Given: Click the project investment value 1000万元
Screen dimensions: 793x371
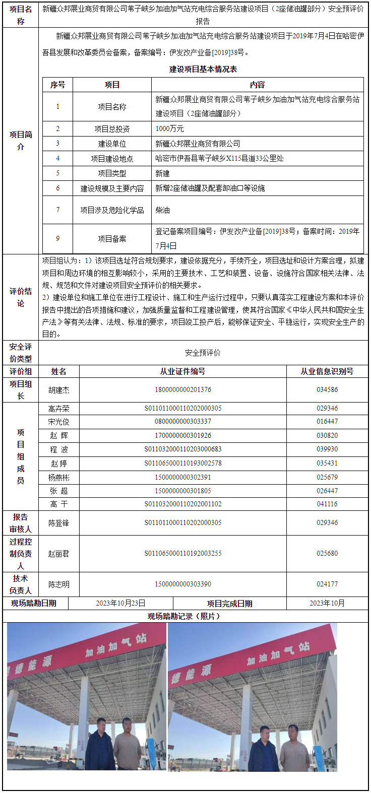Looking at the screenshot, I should click(169, 129).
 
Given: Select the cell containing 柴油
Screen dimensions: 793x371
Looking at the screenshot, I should click(162, 210).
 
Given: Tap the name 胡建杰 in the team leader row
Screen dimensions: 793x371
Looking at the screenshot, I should click(59, 390).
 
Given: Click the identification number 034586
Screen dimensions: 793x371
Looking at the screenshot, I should click(327, 390).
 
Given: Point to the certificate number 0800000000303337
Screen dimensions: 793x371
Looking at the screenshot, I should click(182, 422).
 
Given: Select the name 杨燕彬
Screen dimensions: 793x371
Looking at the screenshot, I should click(59, 477).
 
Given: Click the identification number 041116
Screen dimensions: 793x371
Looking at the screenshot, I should click(327, 504).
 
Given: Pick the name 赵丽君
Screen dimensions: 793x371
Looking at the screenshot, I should click(59, 554).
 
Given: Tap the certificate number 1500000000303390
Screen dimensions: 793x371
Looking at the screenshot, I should click(182, 584).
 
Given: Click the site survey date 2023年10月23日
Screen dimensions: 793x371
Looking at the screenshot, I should click(120, 603).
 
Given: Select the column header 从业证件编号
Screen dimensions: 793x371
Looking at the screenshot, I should click(182, 371).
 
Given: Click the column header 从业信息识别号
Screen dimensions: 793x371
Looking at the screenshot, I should click(327, 371).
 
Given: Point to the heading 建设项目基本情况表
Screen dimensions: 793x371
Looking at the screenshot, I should click(203, 69).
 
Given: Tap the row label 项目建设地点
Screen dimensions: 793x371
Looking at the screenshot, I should click(112, 159).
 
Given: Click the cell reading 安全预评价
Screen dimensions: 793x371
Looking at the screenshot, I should click(203, 353).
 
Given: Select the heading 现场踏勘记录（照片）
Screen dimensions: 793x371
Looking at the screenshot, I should click(184, 616).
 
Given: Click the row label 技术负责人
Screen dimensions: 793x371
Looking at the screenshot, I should click(20, 584).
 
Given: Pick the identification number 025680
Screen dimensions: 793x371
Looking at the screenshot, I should click(327, 554).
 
